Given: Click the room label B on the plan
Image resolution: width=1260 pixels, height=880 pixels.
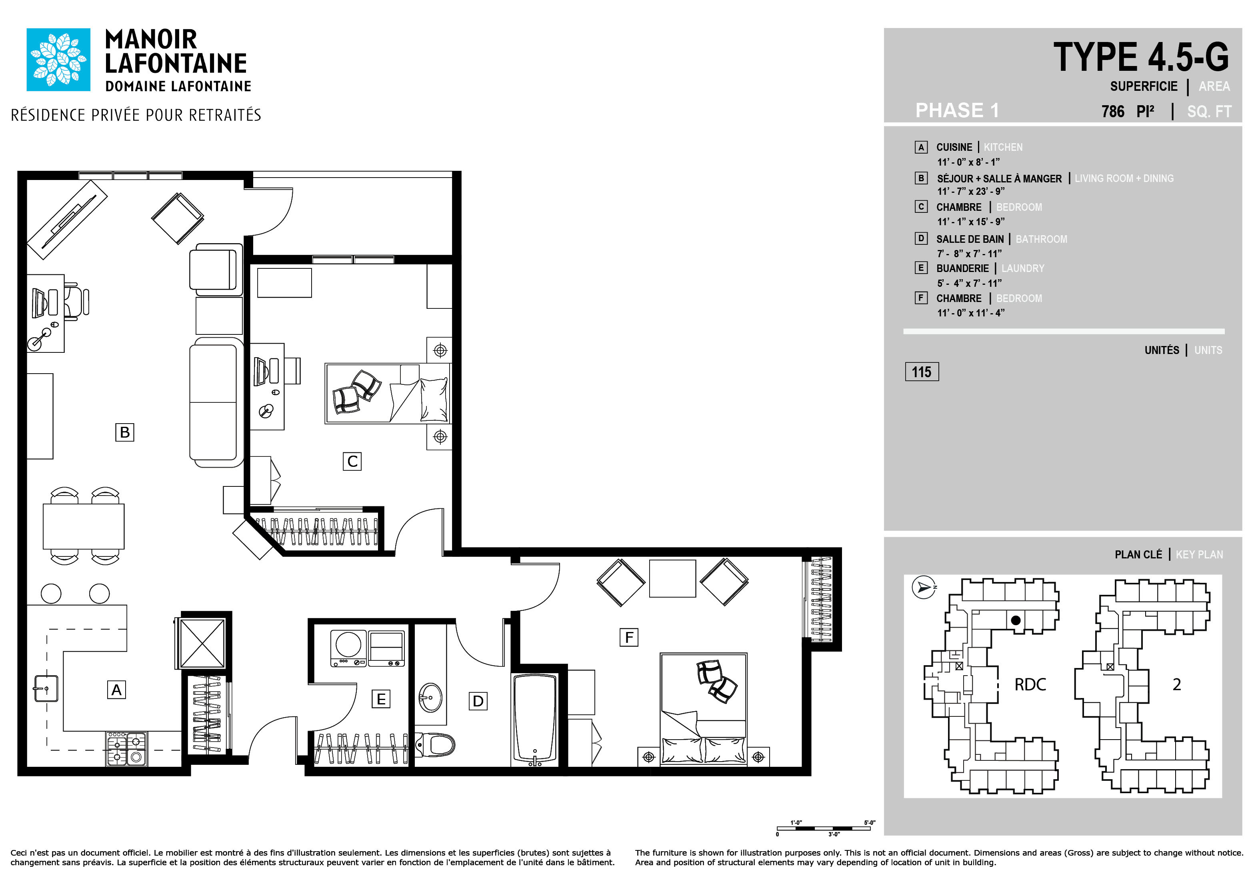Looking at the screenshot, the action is click(124, 432).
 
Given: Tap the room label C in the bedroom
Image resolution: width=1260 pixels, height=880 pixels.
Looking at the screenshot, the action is click(352, 461).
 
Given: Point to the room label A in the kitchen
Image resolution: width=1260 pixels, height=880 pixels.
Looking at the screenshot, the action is click(116, 690).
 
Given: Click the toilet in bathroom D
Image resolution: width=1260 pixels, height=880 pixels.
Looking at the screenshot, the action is click(435, 744).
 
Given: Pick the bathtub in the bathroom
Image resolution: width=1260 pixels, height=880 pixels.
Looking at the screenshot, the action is click(535, 719).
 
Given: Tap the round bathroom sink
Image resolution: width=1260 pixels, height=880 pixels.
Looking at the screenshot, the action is click(430, 697).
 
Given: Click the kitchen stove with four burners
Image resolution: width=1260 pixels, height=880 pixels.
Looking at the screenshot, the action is click(126, 749).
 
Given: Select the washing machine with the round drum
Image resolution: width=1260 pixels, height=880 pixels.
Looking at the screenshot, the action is click(348, 648).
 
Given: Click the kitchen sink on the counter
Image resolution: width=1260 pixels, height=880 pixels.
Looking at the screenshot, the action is click(46, 688).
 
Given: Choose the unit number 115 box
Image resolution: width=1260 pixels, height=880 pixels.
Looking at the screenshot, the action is click(922, 372).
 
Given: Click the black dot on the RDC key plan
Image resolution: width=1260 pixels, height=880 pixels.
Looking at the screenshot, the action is click(1016, 620).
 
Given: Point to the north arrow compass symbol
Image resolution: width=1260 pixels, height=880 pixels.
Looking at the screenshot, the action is click(924, 588).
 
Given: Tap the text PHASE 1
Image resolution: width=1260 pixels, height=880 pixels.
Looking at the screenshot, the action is click(957, 110).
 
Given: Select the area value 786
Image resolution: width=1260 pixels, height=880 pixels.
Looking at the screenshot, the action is click(1113, 111).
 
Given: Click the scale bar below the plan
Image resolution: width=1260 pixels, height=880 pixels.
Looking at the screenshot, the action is click(824, 828).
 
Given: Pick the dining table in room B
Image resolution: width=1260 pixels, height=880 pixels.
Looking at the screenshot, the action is click(84, 526).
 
